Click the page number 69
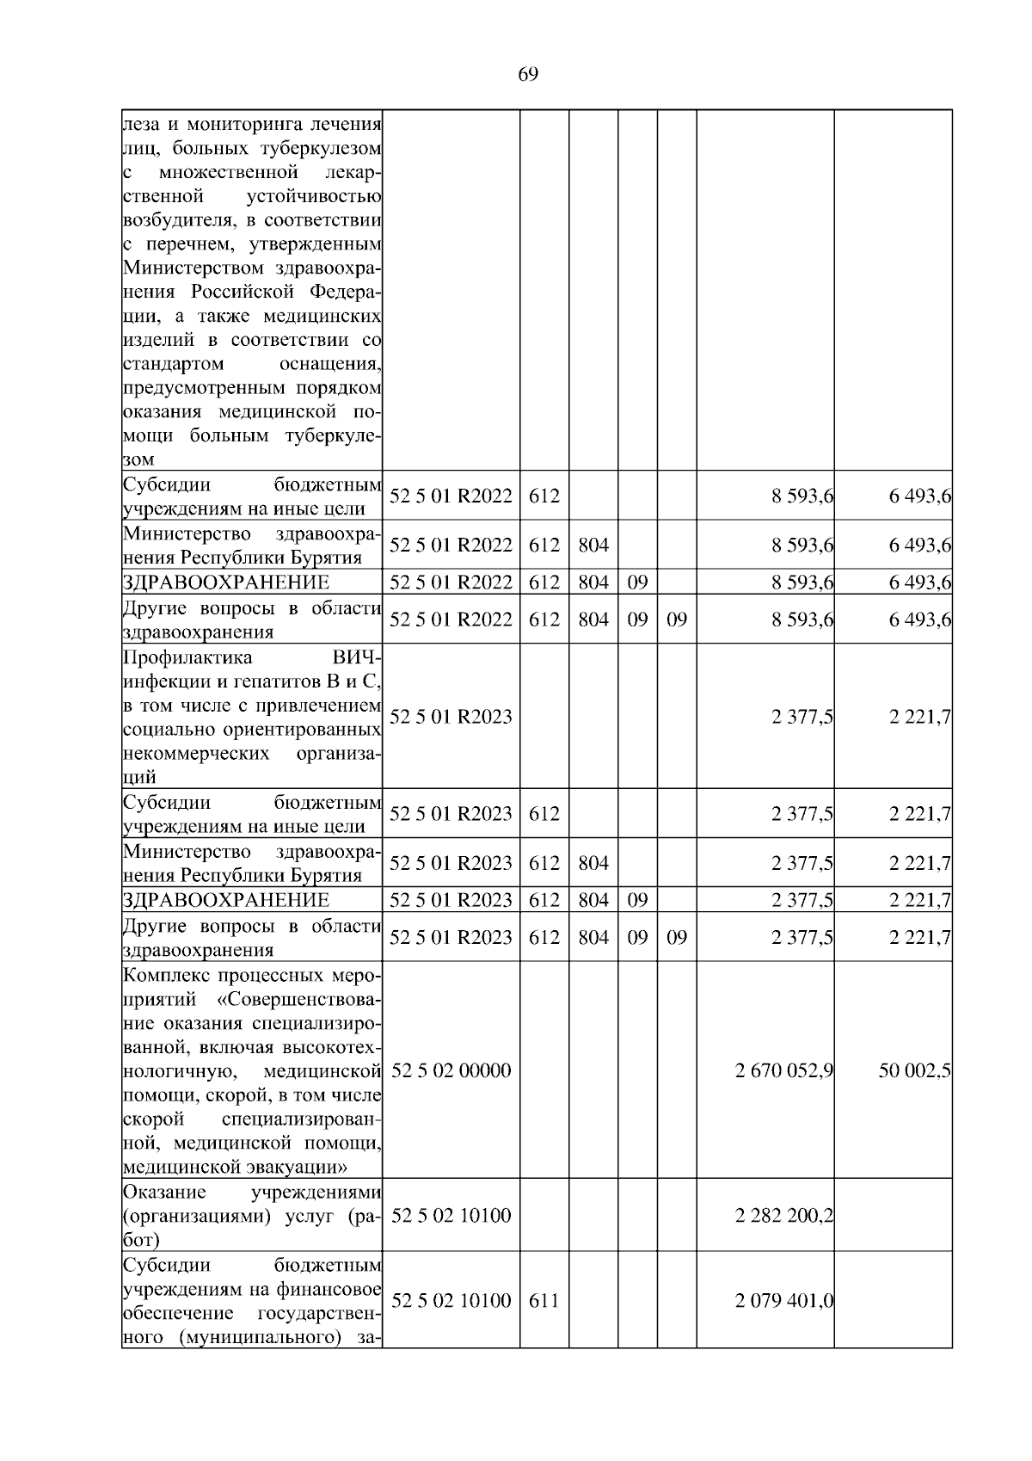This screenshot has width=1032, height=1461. tap(528, 74)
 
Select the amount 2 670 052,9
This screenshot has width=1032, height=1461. tap(783, 1070)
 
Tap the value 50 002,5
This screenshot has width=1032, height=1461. tap(914, 1070)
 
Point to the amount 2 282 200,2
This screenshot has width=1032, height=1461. tap(783, 1216)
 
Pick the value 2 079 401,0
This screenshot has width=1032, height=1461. tap(783, 1300)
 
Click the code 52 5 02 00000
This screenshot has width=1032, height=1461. tap(451, 1070)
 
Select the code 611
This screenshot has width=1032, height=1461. tap(544, 1300)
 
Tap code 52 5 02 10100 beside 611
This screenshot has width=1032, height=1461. tap(451, 1300)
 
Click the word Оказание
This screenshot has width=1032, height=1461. tap(164, 1192)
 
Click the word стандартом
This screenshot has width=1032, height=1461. tap(173, 364)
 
